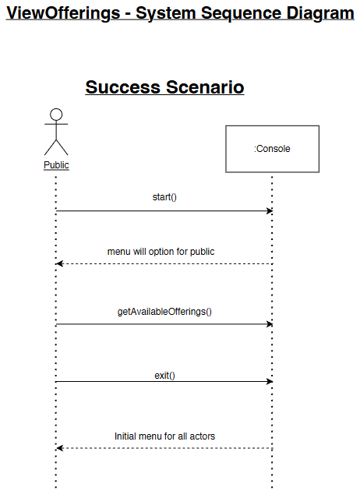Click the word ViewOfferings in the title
(x=63, y=13)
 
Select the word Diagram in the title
(x=320, y=13)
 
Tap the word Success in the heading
(x=123, y=87)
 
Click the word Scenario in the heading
(x=205, y=87)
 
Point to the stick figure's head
(x=56, y=115)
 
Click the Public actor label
(x=56, y=165)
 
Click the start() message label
(x=164, y=197)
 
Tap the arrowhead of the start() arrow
(x=270, y=211)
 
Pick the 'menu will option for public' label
(x=161, y=252)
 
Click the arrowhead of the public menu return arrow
(x=59, y=263)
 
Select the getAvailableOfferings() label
(x=164, y=312)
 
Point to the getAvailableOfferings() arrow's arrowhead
(x=270, y=324)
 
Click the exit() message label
(x=164, y=376)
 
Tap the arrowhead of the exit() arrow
(x=270, y=381)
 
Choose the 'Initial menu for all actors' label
(x=164, y=436)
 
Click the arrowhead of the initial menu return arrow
(x=59, y=448)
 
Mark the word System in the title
(x=166, y=13)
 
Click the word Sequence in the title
(x=241, y=13)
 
